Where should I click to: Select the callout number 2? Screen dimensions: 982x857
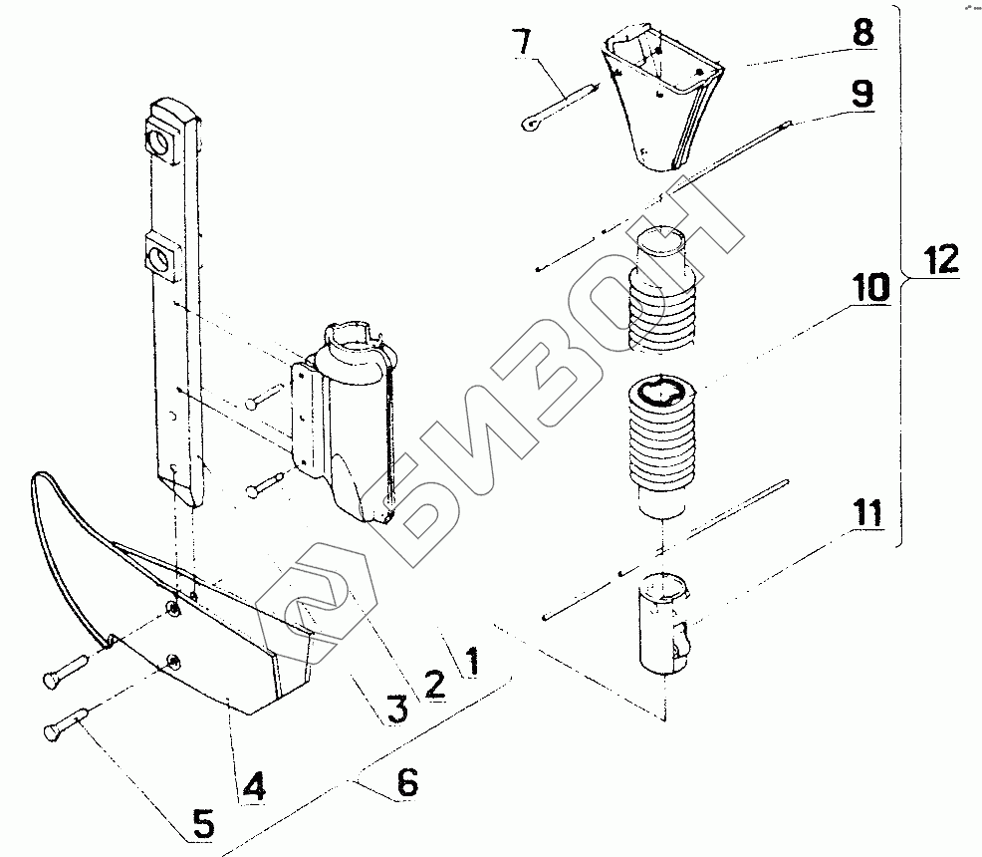(x=434, y=684)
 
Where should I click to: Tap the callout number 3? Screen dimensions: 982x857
(x=396, y=709)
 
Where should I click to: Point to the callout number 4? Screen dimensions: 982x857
(x=254, y=786)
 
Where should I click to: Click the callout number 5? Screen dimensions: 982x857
(x=202, y=822)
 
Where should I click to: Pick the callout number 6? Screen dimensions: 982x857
(x=405, y=783)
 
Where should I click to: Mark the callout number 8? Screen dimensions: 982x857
(x=862, y=31)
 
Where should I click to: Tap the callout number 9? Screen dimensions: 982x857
(x=861, y=94)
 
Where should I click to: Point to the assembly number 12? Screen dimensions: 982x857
(x=940, y=261)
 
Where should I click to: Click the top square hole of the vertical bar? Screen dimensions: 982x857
(x=160, y=142)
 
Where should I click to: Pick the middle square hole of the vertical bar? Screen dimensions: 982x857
(x=160, y=262)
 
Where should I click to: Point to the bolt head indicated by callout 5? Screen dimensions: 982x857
(x=53, y=733)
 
